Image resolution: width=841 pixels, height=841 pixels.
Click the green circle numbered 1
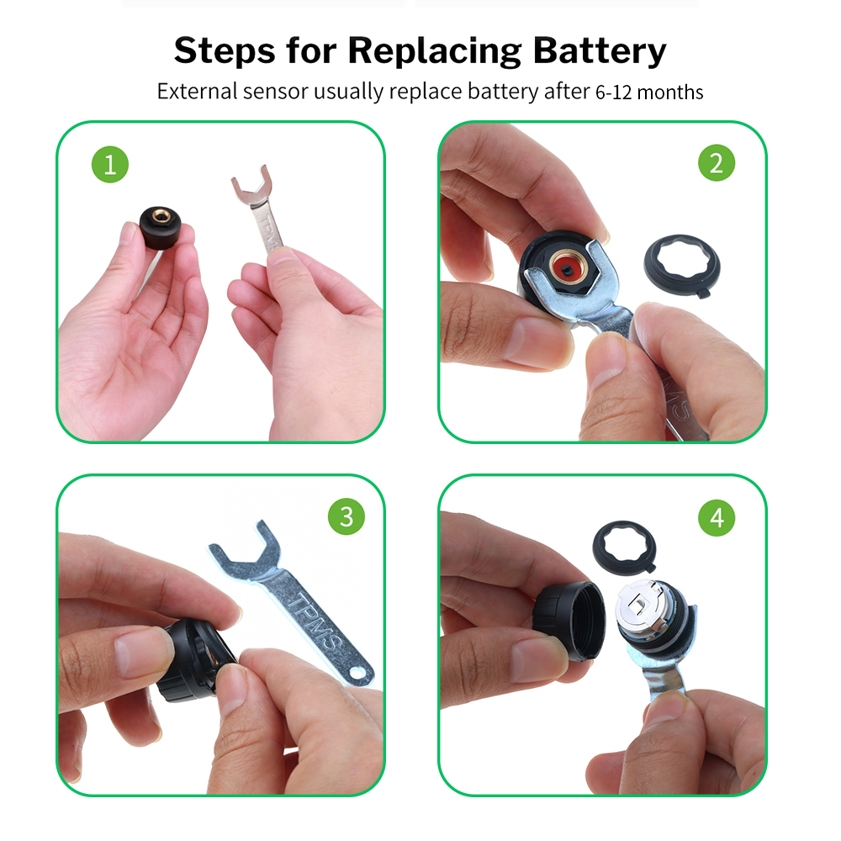[110, 164]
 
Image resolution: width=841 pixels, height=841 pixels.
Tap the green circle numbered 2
[717, 162]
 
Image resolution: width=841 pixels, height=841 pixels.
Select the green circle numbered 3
[346, 516]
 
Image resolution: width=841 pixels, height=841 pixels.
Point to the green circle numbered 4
[717, 517]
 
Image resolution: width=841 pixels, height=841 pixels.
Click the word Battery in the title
[599, 51]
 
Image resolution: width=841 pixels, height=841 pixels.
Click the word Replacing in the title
[435, 51]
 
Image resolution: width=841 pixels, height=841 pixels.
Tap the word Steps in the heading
[225, 50]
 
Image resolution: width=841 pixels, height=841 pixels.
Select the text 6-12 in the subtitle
[614, 93]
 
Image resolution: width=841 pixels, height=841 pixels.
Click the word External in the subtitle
[197, 91]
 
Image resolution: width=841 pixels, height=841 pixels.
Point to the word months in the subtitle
[670, 93]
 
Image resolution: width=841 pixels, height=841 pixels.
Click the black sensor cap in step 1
[160, 228]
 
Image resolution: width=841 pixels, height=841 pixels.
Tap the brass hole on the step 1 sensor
[159, 216]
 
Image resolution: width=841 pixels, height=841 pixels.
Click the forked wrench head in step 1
[251, 186]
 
